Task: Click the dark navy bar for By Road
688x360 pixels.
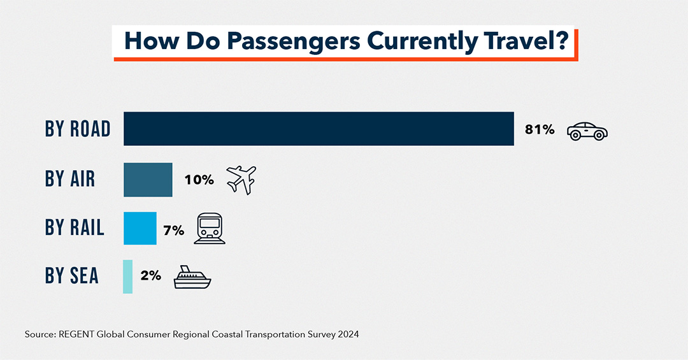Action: [319, 129]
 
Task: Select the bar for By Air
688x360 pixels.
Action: [148, 180]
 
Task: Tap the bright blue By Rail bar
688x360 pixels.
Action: [140, 228]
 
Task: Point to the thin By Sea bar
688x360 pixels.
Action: [127, 277]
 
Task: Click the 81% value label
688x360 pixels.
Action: [540, 129]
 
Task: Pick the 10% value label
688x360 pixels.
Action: [199, 180]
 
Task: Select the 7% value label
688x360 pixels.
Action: [173, 230]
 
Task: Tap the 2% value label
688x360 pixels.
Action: [150, 277]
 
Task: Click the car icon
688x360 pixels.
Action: [587, 131]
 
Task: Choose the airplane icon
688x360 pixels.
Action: [241, 179]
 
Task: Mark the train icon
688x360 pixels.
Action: [210, 228]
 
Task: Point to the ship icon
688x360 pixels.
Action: [192, 278]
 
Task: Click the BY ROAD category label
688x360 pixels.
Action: [78, 129]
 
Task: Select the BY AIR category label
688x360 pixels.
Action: [70, 179]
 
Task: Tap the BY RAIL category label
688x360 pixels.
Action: [75, 227]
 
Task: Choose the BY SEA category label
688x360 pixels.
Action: [72, 276]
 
